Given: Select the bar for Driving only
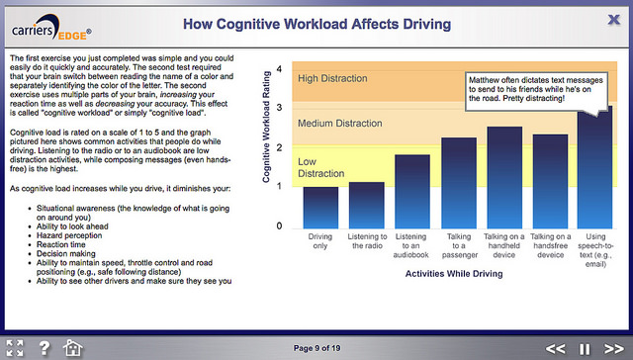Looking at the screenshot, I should click(320, 207).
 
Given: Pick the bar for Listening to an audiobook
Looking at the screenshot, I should click(412, 191).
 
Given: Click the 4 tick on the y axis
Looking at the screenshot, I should click(280, 69).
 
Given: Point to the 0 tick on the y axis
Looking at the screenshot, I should click(280, 225).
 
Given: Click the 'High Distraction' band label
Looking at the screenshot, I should click(338, 79).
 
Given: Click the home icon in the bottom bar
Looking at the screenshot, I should click(72, 347).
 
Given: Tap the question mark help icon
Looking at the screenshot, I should click(44, 347).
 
